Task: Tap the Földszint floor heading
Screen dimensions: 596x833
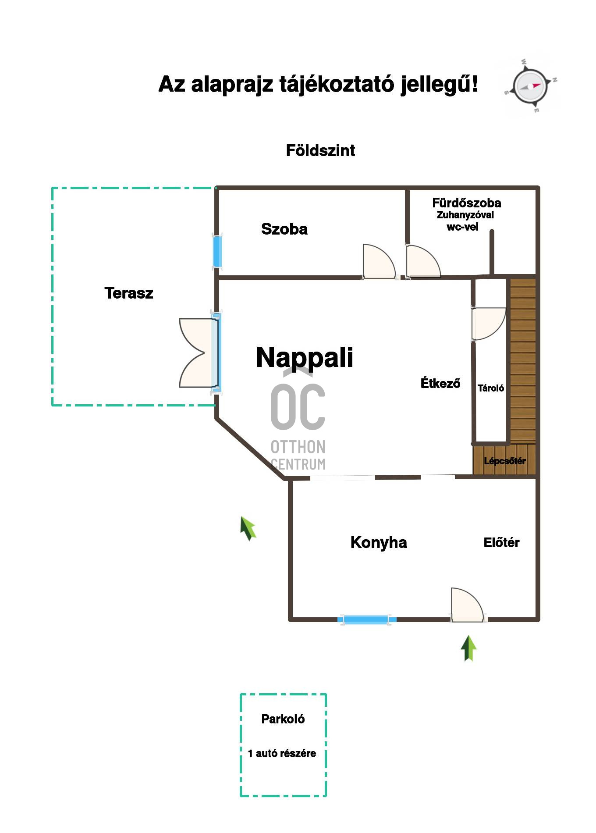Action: [x=320, y=150]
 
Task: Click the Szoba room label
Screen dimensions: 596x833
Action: [x=284, y=229]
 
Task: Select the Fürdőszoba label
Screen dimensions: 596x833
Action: [x=466, y=203]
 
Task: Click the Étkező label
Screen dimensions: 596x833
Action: [x=440, y=383]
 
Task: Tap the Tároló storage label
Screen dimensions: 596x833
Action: [x=491, y=388]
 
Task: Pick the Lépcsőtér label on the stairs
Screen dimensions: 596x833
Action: [x=505, y=461]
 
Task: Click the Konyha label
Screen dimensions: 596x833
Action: [x=379, y=543]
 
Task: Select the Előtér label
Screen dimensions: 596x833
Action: [x=501, y=542]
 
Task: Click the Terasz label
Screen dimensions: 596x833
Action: [x=129, y=293]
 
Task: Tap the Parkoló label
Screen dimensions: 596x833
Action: [x=283, y=719]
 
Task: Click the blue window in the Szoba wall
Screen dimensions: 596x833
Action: [x=217, y=251]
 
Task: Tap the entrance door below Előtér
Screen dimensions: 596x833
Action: [x=468, y=605]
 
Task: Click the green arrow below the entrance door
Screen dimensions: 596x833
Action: [x=469, y=648]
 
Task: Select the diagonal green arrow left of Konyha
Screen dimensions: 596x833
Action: [x=248, y=528]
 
